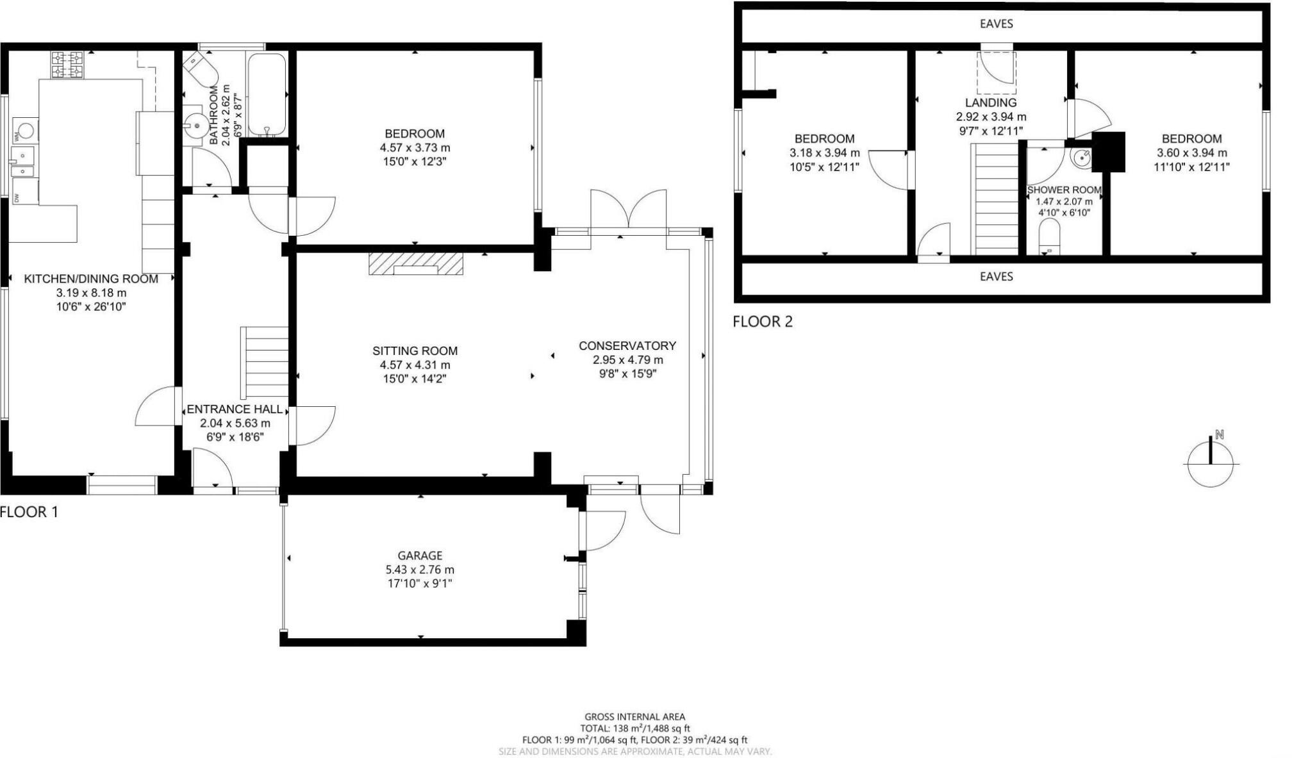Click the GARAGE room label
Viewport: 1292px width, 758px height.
click(x=420, y=556)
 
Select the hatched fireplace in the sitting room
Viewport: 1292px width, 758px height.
click(x=416, y=264)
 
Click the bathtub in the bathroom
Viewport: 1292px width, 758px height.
click(x=267, y=94)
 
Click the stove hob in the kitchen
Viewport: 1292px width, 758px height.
click(x=67, y=65)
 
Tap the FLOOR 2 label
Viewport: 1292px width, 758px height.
click(x=763, y=322)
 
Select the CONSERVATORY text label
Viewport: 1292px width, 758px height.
click(x=627, y=346)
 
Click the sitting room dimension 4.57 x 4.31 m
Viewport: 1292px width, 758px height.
click(x=415, y=365)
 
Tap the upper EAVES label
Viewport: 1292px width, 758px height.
click(x=996, y=24)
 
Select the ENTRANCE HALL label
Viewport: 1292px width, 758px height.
click(x=234, y=409)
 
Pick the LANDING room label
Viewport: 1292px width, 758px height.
click(x=991, y=103)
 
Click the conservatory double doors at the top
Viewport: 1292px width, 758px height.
click(x=629, y=210)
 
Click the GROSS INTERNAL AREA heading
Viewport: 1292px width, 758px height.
click(x=634, y=717)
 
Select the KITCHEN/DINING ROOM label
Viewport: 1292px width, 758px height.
click(x=91, y=279)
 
